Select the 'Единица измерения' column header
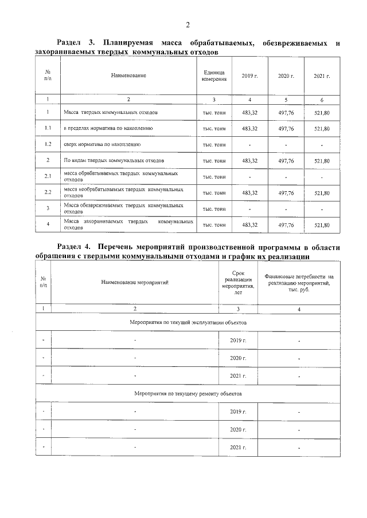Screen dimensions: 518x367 click(x=213, y=76)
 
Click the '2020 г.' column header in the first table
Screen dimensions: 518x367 click(x=286, y=76)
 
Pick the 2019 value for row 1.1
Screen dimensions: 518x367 click(x=250, y=129)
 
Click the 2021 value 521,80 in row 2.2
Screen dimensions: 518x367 click(x=322, y=193)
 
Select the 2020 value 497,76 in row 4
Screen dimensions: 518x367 click(x=286, y=225)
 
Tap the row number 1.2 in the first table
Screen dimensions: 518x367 click(x=48, y=145)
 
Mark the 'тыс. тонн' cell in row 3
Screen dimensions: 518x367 click(x=213, y=209)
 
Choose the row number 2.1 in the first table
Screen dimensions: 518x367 click(x=48, y=176)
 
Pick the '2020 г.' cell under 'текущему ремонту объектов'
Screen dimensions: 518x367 click(x=237, y=429)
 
